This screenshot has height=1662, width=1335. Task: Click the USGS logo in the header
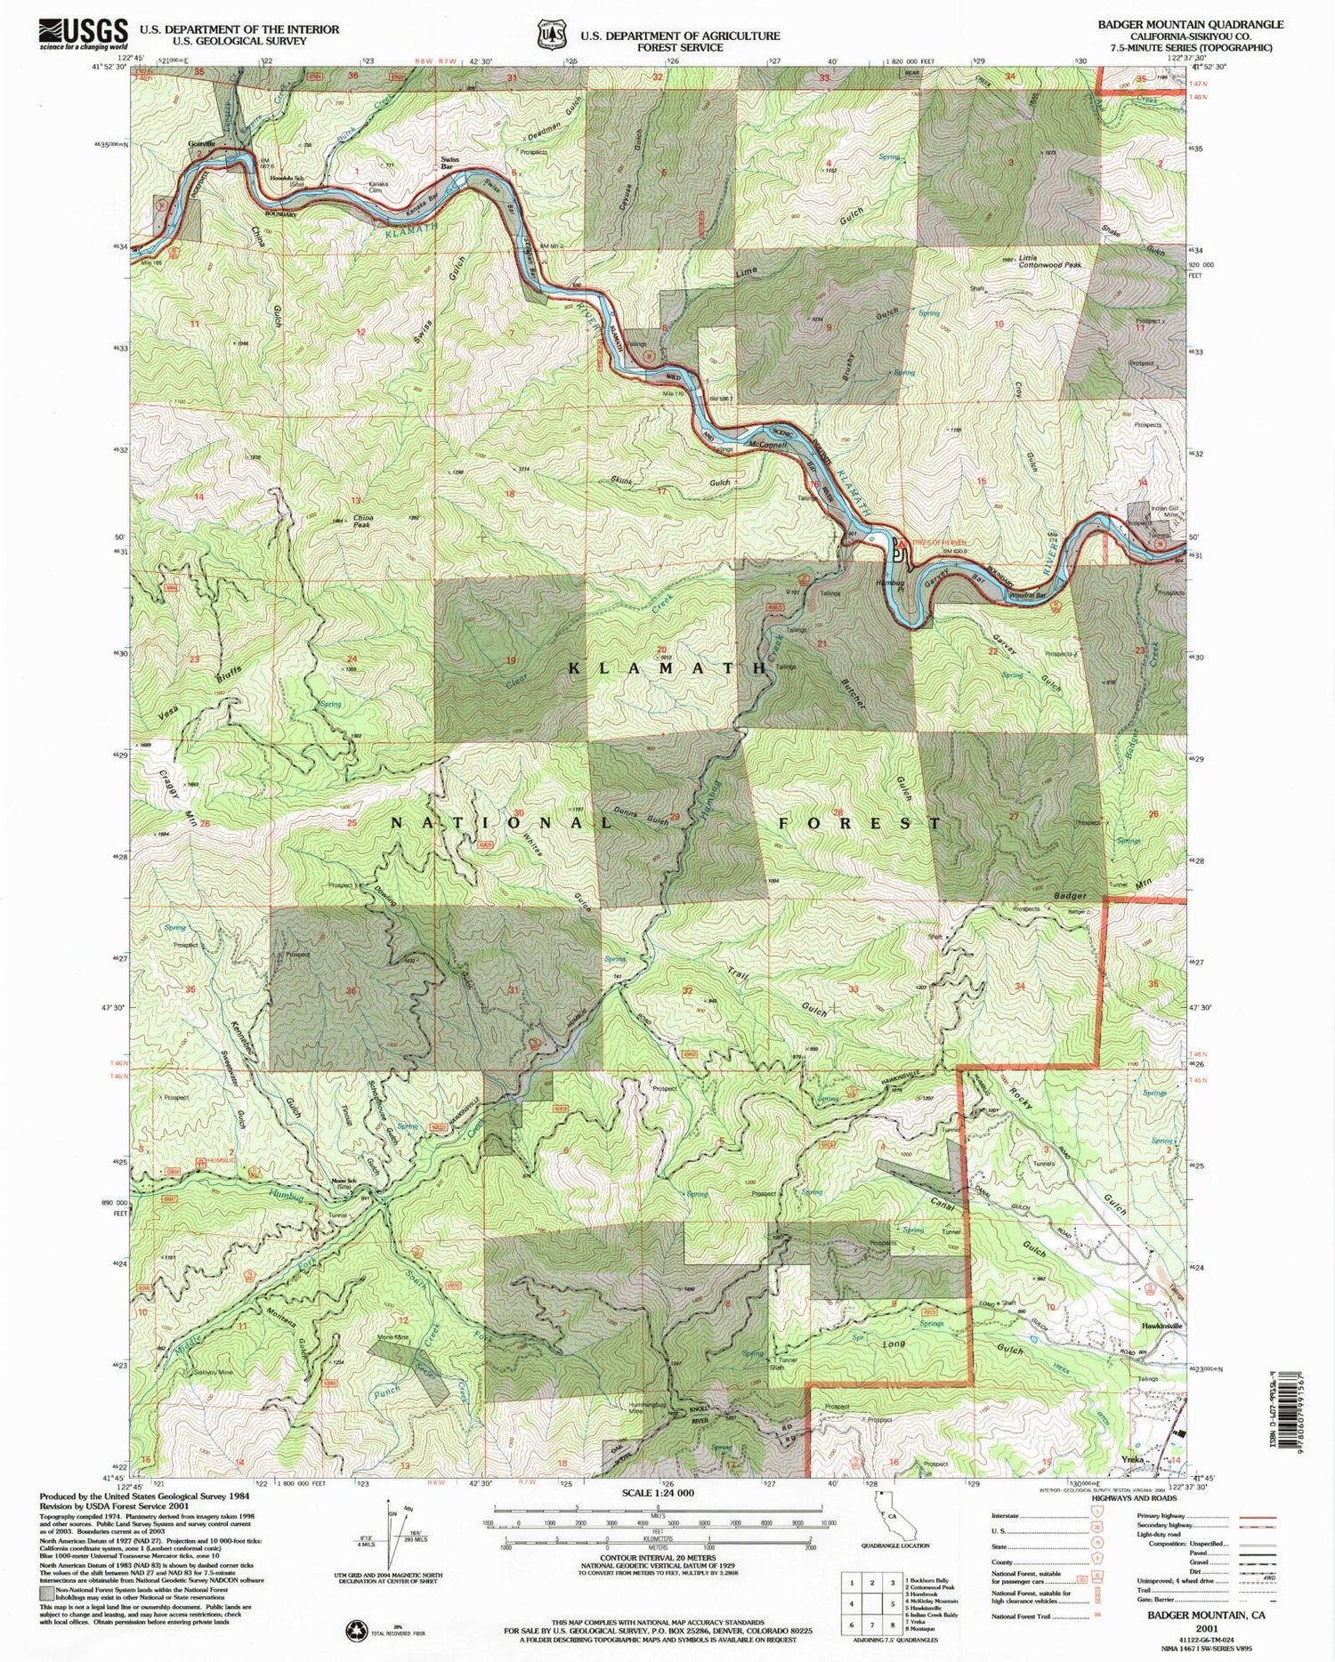coord(83,34)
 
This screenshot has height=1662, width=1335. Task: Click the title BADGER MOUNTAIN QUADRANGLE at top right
coord(1190,24)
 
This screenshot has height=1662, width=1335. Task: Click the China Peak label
coord(363,520)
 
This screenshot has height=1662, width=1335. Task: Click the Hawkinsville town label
coord(1161,1325)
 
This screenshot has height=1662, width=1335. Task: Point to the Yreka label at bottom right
coord(1132,1461)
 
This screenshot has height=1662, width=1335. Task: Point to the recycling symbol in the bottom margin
coord(356,1630)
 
